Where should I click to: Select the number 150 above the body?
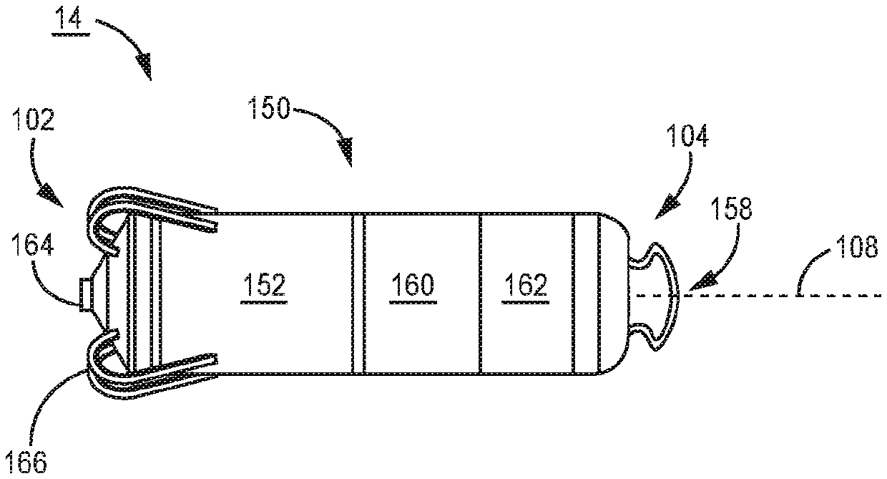click(x=270, y=110)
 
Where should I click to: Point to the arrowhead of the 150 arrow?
click(x=346, y=154)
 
